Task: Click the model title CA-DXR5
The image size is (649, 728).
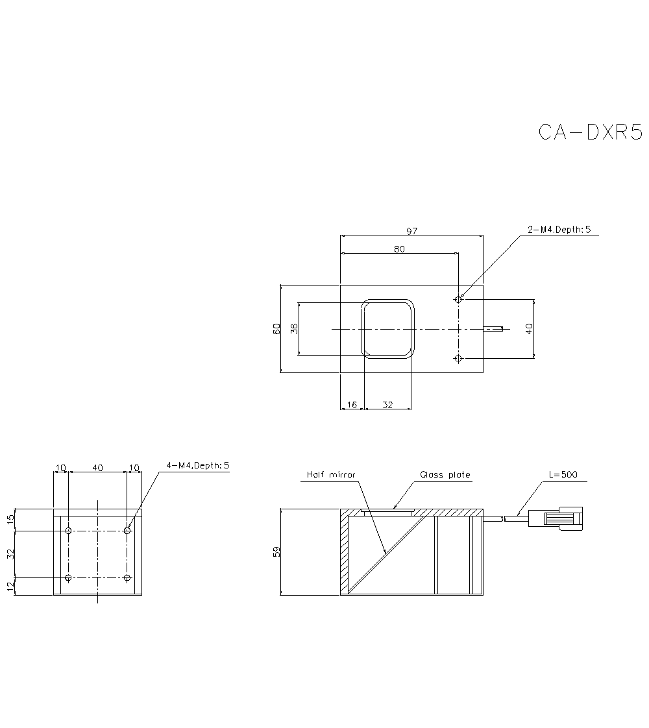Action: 590,132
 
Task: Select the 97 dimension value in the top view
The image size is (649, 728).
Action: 411,231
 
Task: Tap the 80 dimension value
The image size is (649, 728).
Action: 399,249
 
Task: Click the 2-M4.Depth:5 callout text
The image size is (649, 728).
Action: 559,229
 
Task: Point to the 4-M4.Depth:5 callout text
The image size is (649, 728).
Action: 198,465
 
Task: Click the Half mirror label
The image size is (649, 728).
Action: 331,474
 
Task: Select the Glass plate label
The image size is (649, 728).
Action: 445,474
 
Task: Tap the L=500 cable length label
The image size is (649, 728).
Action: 563,474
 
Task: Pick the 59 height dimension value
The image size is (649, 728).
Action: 276,552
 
